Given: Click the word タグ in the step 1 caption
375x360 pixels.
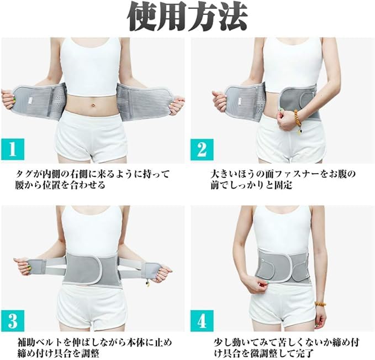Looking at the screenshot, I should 24,174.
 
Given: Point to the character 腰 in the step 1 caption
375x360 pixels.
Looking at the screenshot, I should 20,185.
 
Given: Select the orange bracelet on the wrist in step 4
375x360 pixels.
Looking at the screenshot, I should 320,304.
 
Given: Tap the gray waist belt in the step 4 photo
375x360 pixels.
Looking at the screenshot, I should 282,264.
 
